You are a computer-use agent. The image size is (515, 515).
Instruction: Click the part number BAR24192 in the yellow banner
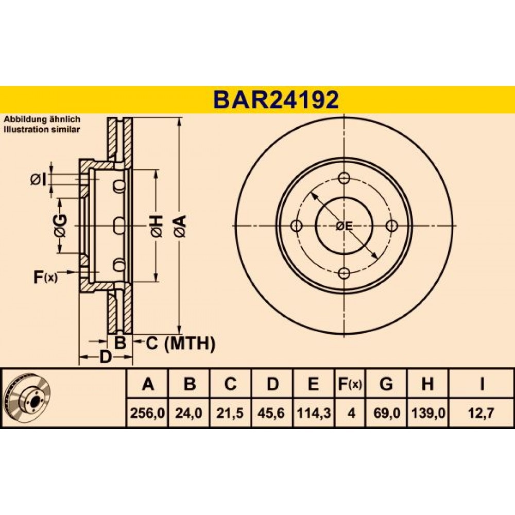pos(276,100)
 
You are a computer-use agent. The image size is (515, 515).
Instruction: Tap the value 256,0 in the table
pos(147,413)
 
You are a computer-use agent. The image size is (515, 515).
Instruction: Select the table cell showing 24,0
pos(188,413)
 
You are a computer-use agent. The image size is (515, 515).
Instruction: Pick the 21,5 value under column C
pos(230,413)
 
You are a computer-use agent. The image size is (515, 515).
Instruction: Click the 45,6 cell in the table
pos(271,413)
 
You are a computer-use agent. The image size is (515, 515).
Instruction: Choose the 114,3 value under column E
pos(314,413)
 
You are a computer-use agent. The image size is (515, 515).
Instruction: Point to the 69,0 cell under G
pos(387,413)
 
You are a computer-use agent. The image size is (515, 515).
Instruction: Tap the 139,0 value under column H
pos(428,413)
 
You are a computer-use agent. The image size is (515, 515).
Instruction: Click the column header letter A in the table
pos(148,384)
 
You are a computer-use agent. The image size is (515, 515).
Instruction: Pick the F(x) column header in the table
pos(350,384)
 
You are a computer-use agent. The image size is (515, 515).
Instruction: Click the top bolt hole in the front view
pos(344,178)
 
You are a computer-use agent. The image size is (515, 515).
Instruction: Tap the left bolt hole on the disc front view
pos(297,226)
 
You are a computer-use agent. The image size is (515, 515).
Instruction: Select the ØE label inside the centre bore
pos(344,226)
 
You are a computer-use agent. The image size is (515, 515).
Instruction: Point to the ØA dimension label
pos(180,226)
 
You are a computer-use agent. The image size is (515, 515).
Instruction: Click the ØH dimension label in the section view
pos(157,226)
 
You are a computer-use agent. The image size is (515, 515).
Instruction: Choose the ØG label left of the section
pos(60,226)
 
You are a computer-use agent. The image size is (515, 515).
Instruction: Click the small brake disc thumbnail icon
pos(28,398)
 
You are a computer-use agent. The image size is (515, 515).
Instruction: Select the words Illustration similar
pos(42,129)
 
